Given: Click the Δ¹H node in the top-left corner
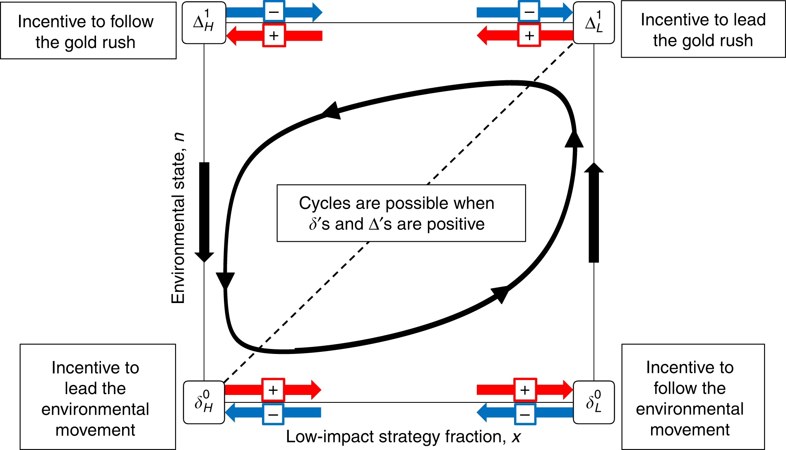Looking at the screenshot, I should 204,23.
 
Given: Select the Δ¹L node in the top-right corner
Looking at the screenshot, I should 594,23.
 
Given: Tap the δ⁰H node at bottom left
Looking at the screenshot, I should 204,402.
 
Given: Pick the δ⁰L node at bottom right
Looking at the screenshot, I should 594,402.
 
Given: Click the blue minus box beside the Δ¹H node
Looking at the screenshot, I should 274,12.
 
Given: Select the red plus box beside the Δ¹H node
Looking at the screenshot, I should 274,36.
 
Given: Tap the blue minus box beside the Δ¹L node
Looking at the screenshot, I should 529,12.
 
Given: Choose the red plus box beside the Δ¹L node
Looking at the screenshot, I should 529,36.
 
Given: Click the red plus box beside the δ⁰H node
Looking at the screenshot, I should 273,390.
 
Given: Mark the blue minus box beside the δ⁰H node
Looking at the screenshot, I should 273,414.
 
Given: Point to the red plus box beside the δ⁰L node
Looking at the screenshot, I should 525,390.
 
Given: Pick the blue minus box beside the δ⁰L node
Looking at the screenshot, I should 525,414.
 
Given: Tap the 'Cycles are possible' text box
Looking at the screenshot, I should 401,213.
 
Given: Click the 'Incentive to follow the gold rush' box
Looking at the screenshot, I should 88,31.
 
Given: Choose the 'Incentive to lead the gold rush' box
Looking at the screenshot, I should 703,29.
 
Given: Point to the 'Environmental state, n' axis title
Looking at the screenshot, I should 178,218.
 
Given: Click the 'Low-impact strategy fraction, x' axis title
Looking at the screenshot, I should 403,437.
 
